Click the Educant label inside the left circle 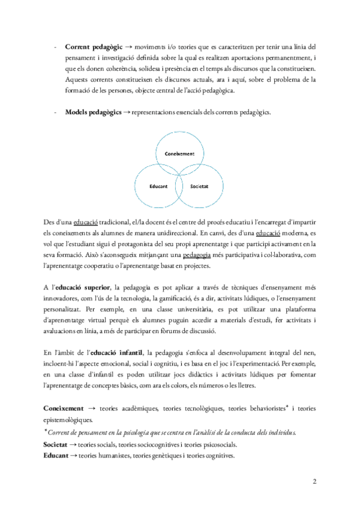(x=158, y=187)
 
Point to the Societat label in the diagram (x=199, y=187)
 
